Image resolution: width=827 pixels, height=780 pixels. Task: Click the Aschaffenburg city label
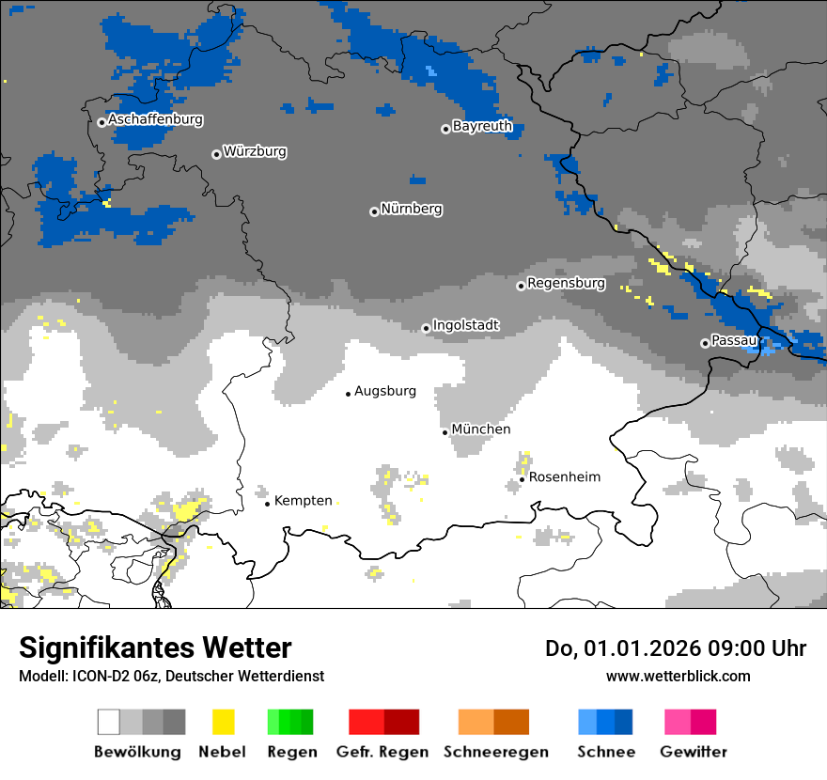coord(155,120)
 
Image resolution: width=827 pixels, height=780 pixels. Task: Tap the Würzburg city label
coord(255,152)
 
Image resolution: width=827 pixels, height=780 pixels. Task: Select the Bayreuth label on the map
coord(482,126)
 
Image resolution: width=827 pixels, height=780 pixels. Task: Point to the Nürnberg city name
coord(411,210)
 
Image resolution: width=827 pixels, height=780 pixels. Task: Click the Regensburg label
coord(566,283)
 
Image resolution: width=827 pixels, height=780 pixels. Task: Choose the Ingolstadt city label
coord(465,325)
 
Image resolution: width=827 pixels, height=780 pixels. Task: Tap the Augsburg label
coord(384,392)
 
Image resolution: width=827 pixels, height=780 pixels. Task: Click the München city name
coord(480,429)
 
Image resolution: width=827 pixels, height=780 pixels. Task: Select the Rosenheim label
coord(564,477)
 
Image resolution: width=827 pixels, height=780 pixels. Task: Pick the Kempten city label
coord(303,501)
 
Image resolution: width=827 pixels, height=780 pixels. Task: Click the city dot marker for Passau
coord(705,343)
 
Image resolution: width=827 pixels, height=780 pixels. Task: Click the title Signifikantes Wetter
coord(155,647)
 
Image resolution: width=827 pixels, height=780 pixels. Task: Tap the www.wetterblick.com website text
coord(678,677)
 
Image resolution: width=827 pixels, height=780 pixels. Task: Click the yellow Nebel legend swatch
coord(223,722)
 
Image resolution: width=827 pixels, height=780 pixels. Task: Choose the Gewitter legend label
coord(693,752)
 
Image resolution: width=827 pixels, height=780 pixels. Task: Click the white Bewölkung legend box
coord(109,722)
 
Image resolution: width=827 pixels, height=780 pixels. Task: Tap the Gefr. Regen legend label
coord(382,752)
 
